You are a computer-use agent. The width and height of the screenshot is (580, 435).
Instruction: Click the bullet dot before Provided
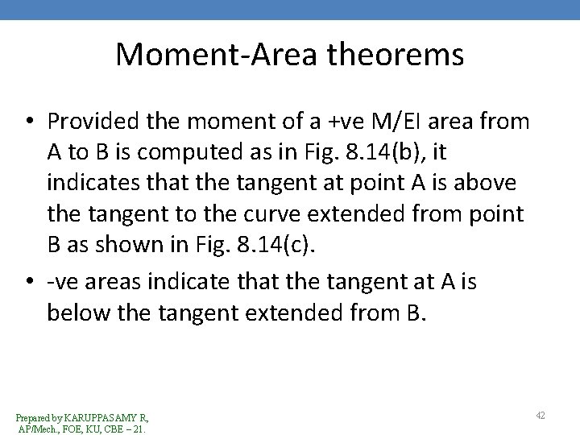30,122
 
